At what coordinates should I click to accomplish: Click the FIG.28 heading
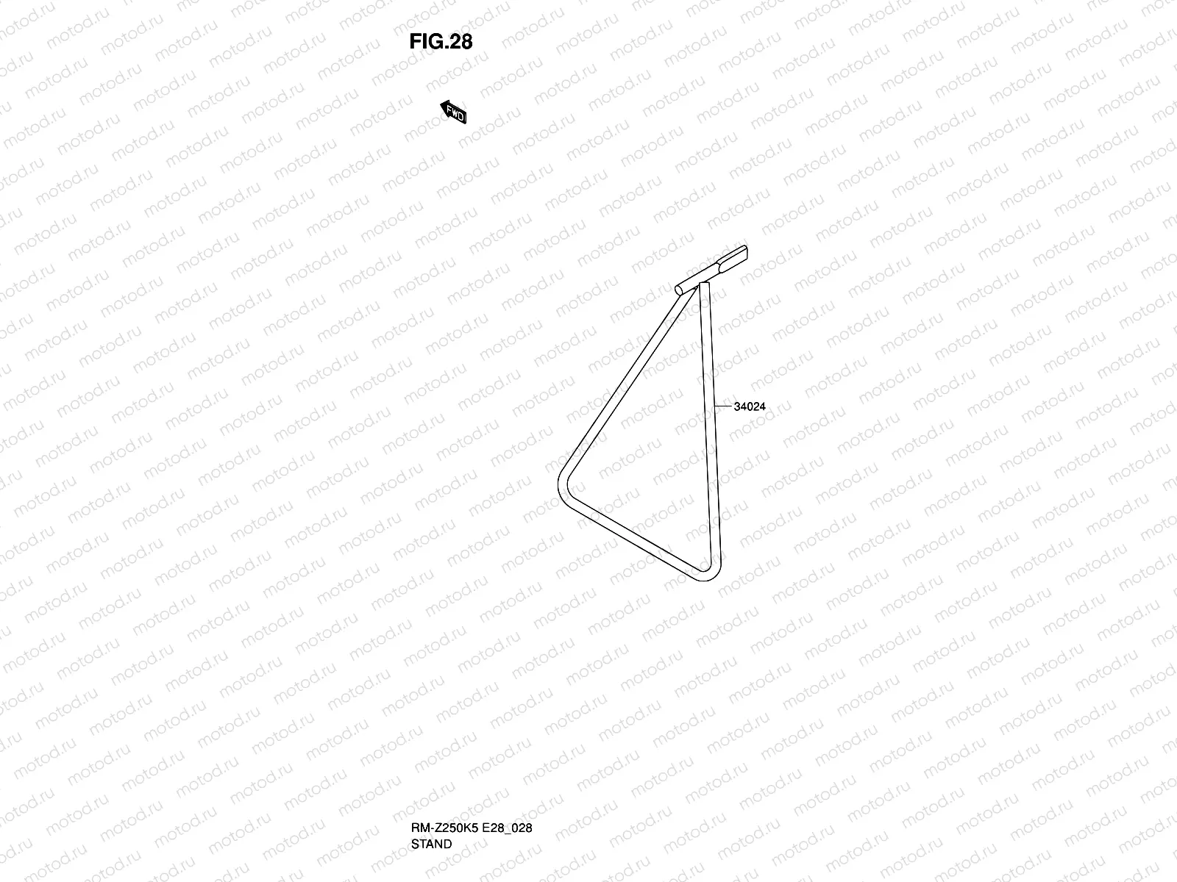pyautogui.click(x=441, y=42)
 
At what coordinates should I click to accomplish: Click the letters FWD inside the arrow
pyautogui.click(x=456, y=115)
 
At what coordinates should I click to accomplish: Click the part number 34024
pyautogui.click(x=750, y=406)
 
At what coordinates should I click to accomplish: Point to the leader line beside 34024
pyautogui.click(x=722, y=406)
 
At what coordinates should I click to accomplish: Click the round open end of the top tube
pyautogui.click(x=680, y=290)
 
